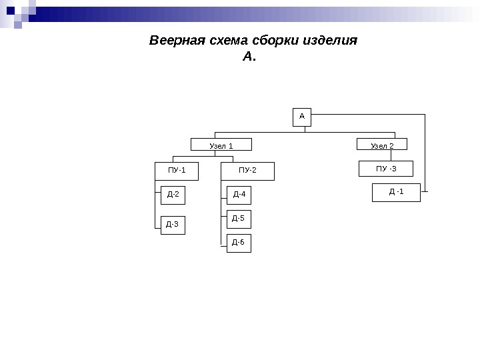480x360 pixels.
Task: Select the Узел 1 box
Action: (221, 145)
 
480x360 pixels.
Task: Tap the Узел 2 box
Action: (382, 145)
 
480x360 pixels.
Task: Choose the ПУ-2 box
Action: (247, 171)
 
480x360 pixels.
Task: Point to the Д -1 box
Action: (396, 192)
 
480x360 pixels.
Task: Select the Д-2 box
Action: (172, 195)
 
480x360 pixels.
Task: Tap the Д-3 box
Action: (172, 225)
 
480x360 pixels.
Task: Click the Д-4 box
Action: (239, 195)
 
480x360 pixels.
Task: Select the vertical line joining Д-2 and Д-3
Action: (161, 210)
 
